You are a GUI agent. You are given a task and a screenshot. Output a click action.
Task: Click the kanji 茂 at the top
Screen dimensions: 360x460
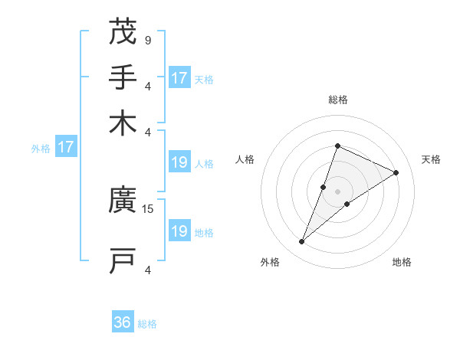(x=123, y=32)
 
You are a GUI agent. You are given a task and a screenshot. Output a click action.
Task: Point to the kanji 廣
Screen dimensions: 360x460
(x=123, y=201)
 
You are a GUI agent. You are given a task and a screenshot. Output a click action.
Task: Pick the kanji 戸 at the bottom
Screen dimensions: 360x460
(x=123, y=260)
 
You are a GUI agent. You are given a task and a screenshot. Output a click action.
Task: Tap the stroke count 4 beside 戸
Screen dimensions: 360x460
(x=147, y=269)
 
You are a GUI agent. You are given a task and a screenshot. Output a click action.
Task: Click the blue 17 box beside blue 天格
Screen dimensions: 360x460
(x=179, y=78)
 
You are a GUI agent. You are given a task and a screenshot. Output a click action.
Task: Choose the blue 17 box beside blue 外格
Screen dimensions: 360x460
(x=66, y=147)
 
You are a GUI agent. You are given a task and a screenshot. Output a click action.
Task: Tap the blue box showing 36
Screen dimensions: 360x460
(x=123, y=322)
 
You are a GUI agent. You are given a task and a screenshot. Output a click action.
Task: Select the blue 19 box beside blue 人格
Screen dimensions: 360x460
(x=179, y=162)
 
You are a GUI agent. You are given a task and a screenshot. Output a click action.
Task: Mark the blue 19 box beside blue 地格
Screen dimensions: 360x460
(x=179, y=231)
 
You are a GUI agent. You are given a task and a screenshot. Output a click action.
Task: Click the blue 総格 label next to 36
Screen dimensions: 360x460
(x=147, y=324)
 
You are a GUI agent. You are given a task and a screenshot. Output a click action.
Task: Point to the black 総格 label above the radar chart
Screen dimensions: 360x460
(x=337, y=100)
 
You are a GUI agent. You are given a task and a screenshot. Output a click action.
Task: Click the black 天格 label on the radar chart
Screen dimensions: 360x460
(x=431, y=159)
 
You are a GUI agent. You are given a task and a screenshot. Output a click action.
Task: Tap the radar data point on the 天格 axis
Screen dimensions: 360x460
(x=396, y=172)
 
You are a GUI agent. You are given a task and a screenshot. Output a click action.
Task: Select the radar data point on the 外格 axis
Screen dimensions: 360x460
(x=302, y=242)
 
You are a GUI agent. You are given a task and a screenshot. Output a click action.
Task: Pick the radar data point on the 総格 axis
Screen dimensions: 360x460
(x=337, y=146)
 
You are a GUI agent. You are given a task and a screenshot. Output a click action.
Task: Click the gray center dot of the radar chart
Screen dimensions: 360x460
(x=337, y=191)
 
